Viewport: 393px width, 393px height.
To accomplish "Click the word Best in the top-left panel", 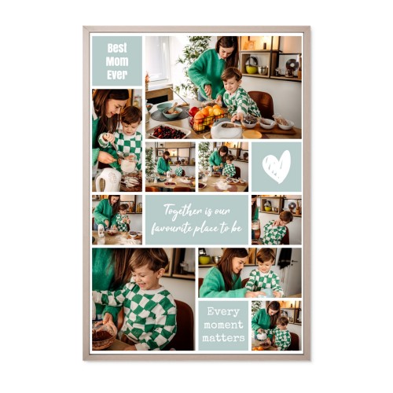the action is pos(117,48).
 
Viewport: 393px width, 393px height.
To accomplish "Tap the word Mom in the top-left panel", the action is pos(117,61).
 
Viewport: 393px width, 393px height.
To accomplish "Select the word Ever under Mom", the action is pos(117,75).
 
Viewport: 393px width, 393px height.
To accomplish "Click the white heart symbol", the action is pos(277,167).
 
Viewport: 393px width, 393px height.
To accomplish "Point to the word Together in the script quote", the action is pos(182,211).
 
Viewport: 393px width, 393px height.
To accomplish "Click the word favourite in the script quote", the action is pos(171,229).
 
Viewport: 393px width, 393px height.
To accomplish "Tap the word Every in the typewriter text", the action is pos(223,312).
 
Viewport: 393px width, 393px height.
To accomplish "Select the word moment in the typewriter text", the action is pos(223,325).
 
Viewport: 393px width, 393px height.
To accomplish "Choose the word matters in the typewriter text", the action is pos(223,338).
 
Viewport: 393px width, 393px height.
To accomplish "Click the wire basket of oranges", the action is pos(208,118).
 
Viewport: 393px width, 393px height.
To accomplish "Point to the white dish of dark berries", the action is pos(168,132).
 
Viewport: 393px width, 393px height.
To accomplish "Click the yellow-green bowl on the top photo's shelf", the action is pos(252,69).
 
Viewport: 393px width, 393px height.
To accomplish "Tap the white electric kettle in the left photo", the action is pos(108,179).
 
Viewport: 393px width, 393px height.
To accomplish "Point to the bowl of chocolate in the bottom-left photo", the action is pos(103,336).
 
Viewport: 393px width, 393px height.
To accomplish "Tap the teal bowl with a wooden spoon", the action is pos(172,112).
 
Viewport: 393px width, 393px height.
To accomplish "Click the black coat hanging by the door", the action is pos(285,258).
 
